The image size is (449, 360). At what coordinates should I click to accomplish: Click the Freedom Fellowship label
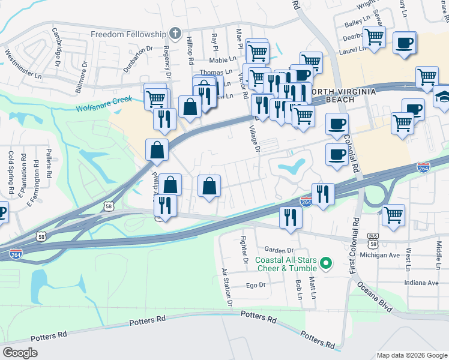128,34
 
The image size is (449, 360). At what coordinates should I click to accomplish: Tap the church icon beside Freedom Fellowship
175,34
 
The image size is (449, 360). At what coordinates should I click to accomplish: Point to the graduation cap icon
443,96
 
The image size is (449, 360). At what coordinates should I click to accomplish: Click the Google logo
20,352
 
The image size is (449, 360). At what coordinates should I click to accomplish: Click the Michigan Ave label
379,255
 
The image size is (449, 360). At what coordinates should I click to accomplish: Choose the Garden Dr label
279,250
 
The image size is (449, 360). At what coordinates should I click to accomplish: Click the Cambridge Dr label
57,46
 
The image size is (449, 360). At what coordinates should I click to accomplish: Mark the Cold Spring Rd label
11,171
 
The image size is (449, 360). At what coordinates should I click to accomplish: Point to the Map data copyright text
411,355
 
